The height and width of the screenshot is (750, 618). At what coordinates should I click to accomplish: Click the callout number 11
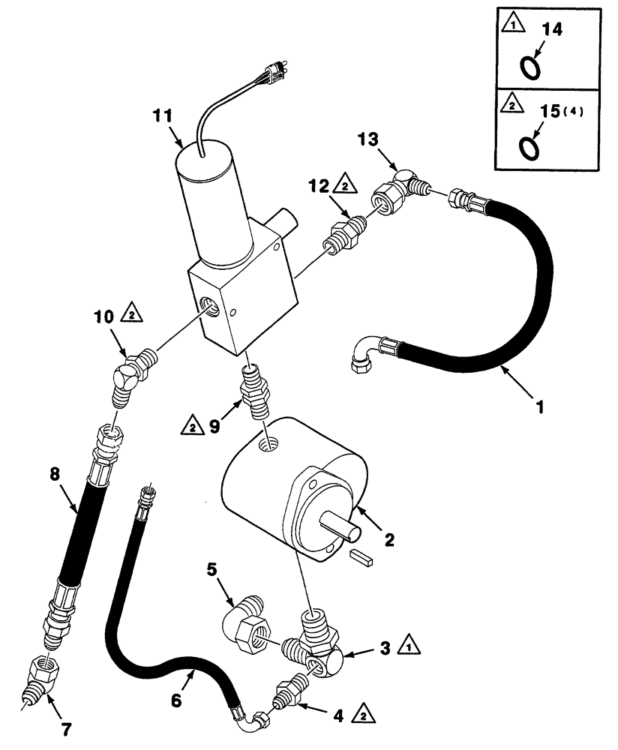pos(163,117)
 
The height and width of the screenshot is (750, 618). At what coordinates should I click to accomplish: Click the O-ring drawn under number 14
pos(530,68)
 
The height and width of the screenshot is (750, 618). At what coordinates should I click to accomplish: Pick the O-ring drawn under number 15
pos(530,147)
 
